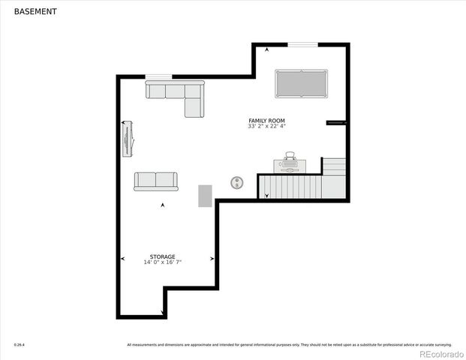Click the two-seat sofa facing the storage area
click(x=156, y=181)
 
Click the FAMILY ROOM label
click(x=266, y=121)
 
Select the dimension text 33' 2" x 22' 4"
click(x=266, y=127)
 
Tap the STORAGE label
click(x=162, y=256)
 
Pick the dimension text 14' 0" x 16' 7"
click(x=162, y=262)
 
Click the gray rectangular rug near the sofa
click(x=205, y=195)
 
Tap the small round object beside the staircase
click(x=237, y=182)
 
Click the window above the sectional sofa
click(x=158, y=76)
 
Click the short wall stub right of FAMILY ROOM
click(x=335, y=122)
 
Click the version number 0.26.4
click(x=19, y=345)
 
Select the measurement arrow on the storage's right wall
click(x=212, y=259)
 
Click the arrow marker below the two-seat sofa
click(x=163, y=205)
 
